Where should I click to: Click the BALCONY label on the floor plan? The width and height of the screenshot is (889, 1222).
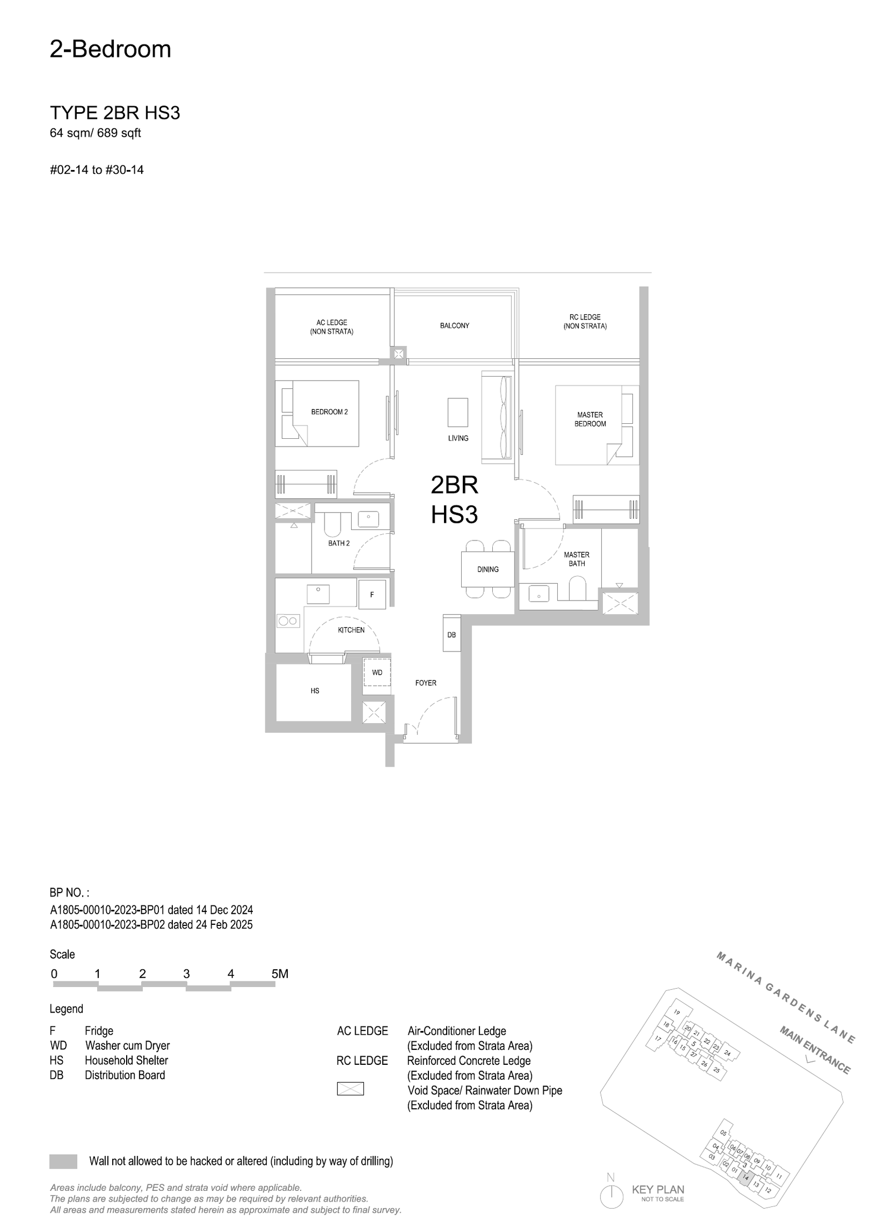pos(455,325)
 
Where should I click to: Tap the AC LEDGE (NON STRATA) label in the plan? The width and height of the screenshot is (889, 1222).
pos(332,327)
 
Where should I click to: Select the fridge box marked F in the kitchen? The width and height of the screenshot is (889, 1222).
pos(372,594)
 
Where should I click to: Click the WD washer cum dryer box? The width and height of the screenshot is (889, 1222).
pos(377,675)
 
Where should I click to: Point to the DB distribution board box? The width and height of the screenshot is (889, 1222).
pos(452,633)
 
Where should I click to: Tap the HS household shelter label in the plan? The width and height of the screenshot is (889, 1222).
pos(315,691)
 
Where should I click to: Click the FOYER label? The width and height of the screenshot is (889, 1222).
pos(426,683)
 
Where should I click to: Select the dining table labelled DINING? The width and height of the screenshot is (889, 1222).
pos(488,569)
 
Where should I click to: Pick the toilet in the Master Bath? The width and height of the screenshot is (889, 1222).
pos(578,589)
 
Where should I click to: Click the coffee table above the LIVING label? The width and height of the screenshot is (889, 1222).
pos(458,412)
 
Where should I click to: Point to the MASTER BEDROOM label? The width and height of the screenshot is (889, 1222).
pos(590,419)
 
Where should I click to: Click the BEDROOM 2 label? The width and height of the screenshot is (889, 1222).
pos(329,412)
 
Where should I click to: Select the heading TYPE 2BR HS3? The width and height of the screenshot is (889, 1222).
pos(115,113)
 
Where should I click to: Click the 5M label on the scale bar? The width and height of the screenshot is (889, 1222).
pos(280,974)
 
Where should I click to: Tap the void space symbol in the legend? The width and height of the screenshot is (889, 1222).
pos(351,1089)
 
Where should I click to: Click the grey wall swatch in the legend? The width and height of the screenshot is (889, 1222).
pos(63,1161)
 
